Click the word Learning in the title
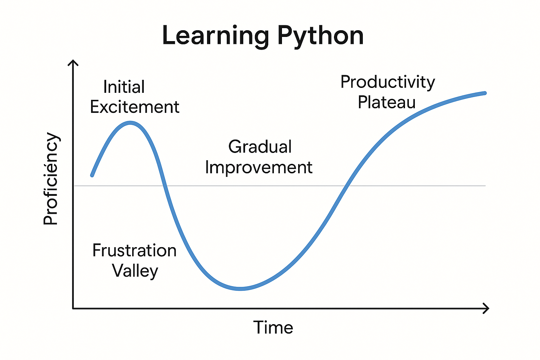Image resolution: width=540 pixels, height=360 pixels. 216,36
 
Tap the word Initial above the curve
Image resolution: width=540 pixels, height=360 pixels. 124,87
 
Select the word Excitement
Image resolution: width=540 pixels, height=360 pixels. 135,107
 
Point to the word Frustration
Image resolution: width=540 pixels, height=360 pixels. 134,251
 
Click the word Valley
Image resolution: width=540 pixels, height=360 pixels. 135,271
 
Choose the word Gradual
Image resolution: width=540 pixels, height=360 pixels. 260,147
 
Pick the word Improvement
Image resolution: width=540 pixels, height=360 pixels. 259,167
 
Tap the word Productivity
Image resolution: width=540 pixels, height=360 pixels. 388,82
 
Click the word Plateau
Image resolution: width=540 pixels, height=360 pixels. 387,102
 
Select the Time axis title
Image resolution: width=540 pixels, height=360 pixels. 273,328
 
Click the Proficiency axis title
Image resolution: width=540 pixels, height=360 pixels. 51,179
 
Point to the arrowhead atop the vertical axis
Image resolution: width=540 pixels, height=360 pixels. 73,62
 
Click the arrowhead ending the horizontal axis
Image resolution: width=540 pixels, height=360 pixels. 487,308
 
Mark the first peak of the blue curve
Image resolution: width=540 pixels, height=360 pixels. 130,123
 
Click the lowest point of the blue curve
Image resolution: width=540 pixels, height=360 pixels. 240,289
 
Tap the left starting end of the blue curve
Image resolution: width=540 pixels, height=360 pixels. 92,175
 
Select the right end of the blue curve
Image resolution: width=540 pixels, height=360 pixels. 485,93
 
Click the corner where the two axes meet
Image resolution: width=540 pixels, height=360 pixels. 73,308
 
